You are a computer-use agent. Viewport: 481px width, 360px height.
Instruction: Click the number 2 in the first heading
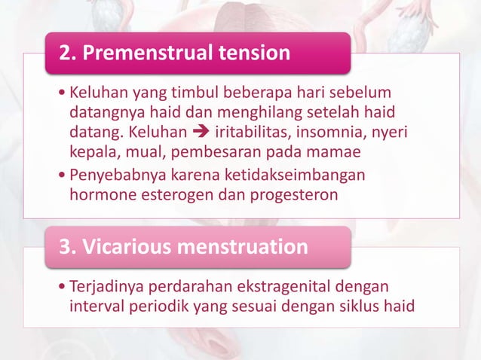click(x=67, y=53)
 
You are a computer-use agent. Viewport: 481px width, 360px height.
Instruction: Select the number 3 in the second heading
click(x=67, y=247)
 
